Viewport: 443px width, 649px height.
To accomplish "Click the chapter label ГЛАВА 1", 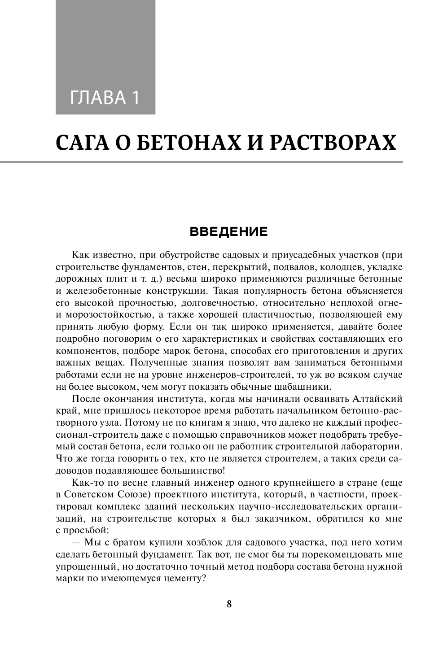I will pos(105,97).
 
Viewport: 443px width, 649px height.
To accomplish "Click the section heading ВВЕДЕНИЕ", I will pos(229,232).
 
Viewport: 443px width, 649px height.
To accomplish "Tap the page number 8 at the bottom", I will pos(229,604).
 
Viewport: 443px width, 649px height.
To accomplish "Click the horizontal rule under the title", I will pos(229,162).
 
